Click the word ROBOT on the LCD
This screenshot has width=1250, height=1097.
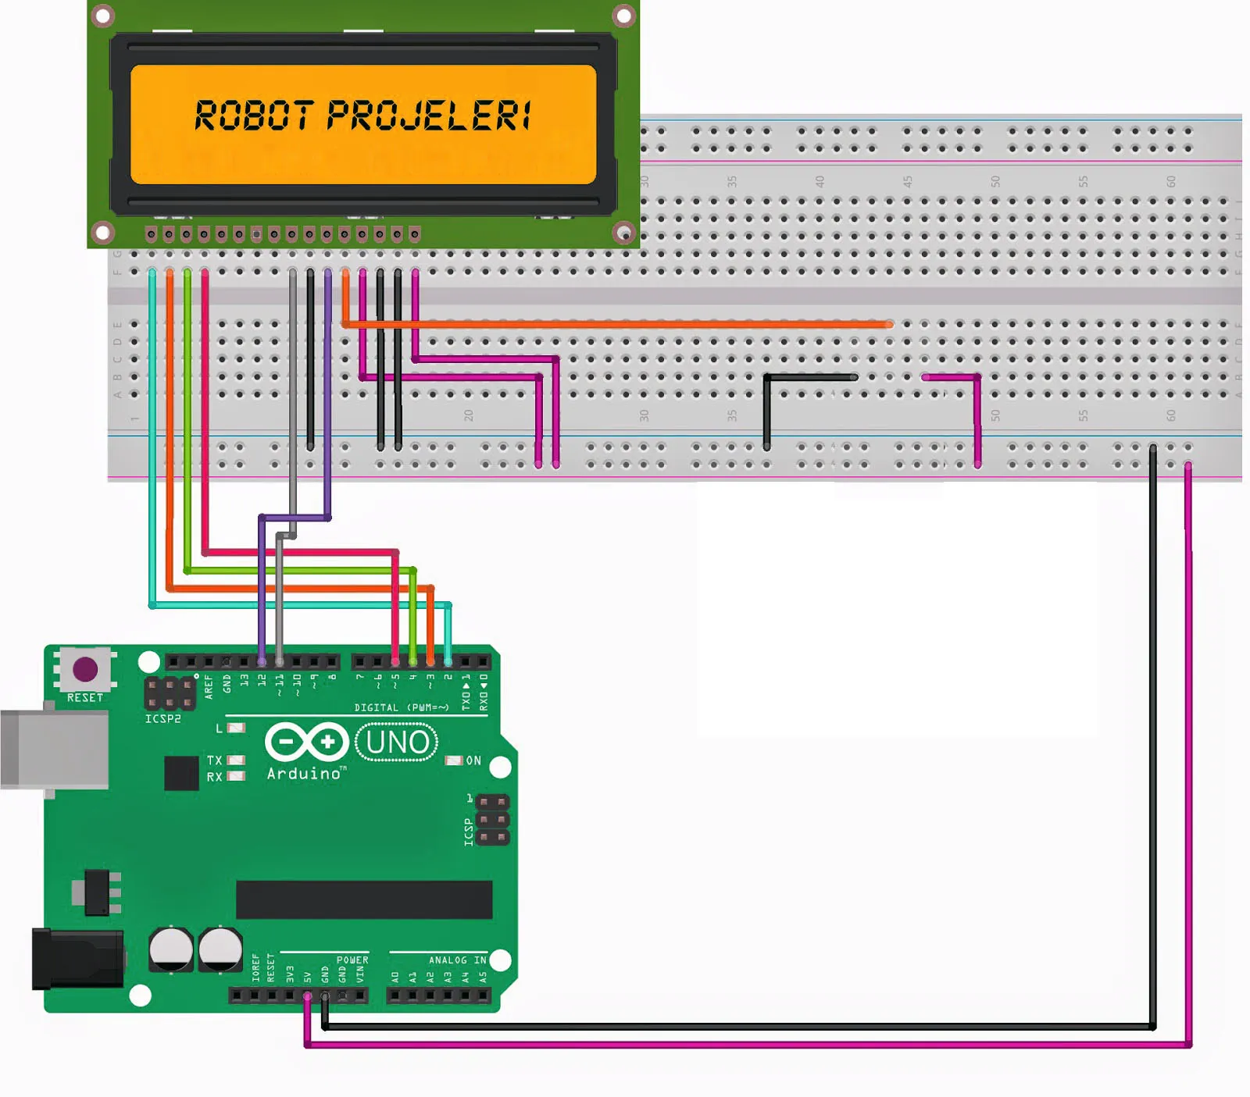tap(254, 116)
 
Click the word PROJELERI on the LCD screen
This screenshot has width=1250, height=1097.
tap(430, 116)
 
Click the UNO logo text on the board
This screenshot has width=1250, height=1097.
tap(397, 743)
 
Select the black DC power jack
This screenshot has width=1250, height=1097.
tap(77, 959)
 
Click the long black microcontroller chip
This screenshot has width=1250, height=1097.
tap(364, 899)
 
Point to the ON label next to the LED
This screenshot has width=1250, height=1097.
tap(473, 760)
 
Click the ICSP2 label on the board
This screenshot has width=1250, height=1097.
tap(162, 719)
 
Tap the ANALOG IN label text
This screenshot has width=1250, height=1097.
tap(457, 960)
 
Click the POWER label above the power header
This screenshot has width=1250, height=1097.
tap(352, 960)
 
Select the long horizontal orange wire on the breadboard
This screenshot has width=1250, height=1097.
tap(617, 323)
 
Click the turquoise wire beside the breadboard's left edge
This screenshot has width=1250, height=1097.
tap(152, 437)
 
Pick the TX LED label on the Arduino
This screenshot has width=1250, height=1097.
tap(214, 760)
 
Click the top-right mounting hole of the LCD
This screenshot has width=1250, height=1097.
tap(623, 16)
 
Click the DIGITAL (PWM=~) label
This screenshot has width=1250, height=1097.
tap(402, 707)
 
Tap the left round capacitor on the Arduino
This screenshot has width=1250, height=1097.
tap(171, 949)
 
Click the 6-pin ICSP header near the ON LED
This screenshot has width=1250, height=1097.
tap(492, 820)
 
